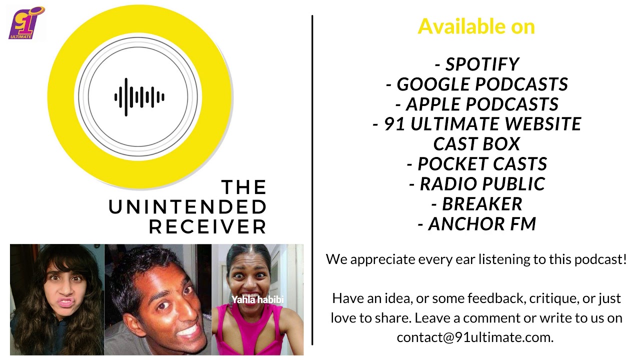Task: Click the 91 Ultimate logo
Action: (x=26, y=23)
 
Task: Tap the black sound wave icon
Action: (x=139, y=97)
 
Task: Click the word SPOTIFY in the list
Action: (x=482, y=64)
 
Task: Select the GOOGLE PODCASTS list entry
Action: (x=477, y=84)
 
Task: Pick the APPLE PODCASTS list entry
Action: (x=477, y=104)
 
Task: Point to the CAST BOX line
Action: (x=476, y=143)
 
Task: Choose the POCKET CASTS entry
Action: (x=477, y=163)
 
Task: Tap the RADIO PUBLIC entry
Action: (x=477, y=183)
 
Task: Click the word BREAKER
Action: (x=482, y=203)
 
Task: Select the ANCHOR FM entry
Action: (x=477, y=223)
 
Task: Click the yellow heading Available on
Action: (x=476, y=26)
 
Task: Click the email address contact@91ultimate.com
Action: (x=475, y=337)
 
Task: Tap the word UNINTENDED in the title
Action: (x=187, y=207)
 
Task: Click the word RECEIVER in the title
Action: (x=207, y=227)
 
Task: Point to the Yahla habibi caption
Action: (x=257, y=299)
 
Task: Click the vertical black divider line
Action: (x=312, y=180)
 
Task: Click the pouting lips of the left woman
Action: (x=66, y=302)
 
